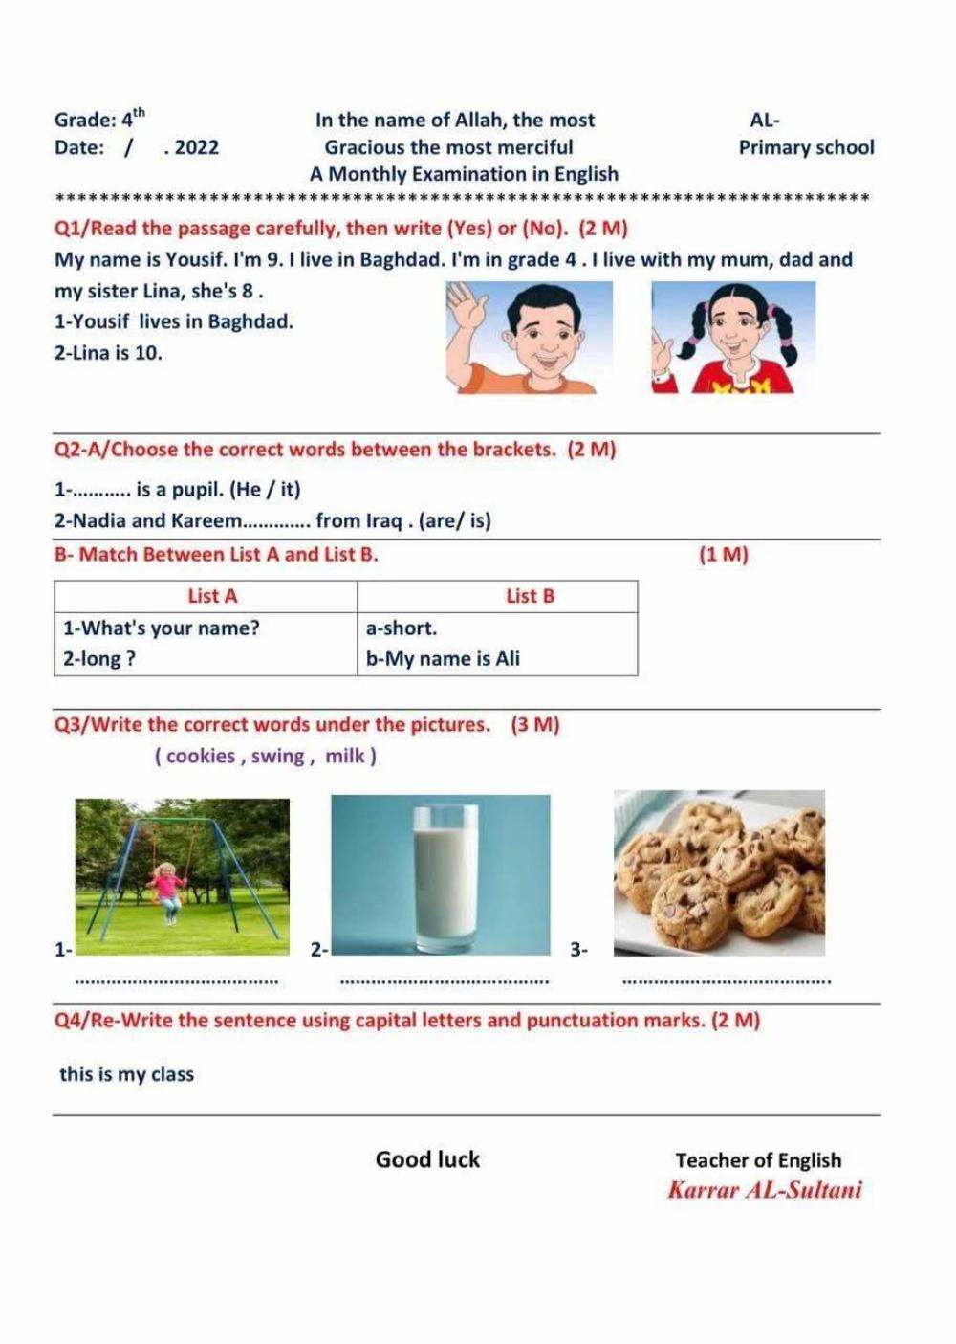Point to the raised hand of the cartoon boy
[466, 308]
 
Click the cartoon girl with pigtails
[733, 337]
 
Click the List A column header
[212, 596]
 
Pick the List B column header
[530, 596]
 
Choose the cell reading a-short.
[402, 628]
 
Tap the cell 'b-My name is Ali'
[443, 658]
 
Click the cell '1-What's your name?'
[161, 628]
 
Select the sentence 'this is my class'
[126, 1074]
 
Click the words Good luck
[427, 1159]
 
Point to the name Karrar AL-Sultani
[765, 1190]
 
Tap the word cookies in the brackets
[201, 756]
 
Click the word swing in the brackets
[277, 756]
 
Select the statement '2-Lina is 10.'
[108, 352]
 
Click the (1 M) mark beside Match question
[724, 554]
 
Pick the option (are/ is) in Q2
[456, 520]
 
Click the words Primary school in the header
[806, 147]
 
